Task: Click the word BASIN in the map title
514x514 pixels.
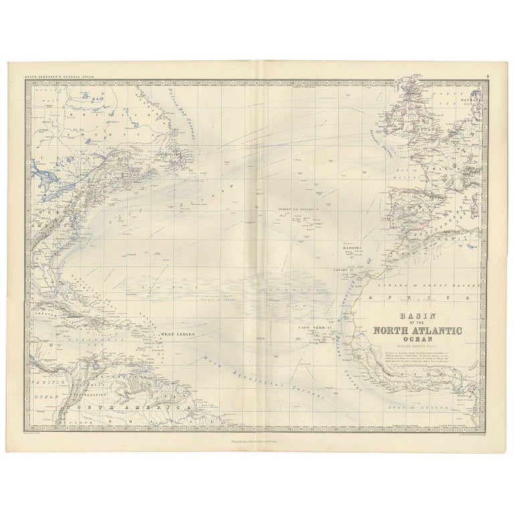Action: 418,316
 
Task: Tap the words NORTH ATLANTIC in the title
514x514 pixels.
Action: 418,329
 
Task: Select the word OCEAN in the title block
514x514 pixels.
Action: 418,339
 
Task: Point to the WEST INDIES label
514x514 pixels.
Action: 176,333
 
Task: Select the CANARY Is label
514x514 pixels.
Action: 343,270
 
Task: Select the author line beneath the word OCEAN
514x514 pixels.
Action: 418,347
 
